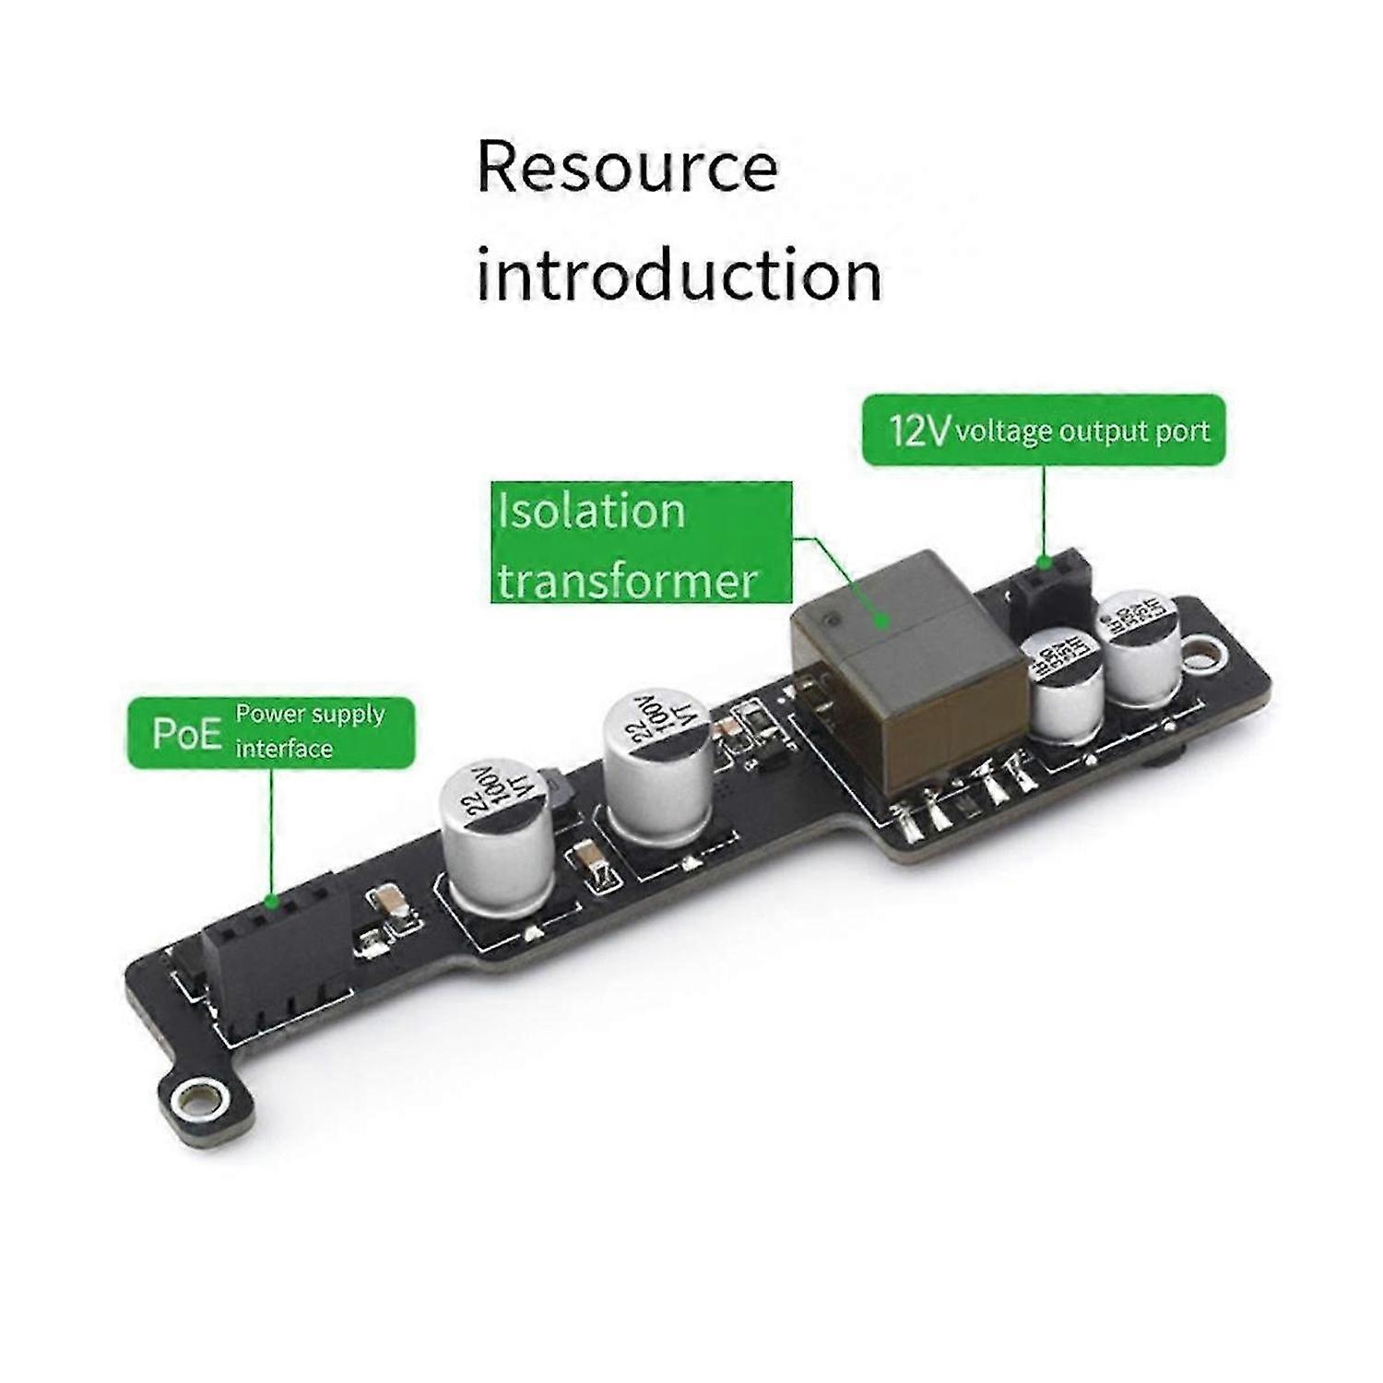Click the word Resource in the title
pos(627,168)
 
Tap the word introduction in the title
pos(679,274)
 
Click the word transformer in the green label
pos(627,581)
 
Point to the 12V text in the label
pos(918,431)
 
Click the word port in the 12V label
pos(1183,432)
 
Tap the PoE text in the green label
pos(187,734)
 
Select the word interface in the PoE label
pos(284,749)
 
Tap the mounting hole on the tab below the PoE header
pos(195,1098)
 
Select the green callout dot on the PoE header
pos(271,901)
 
